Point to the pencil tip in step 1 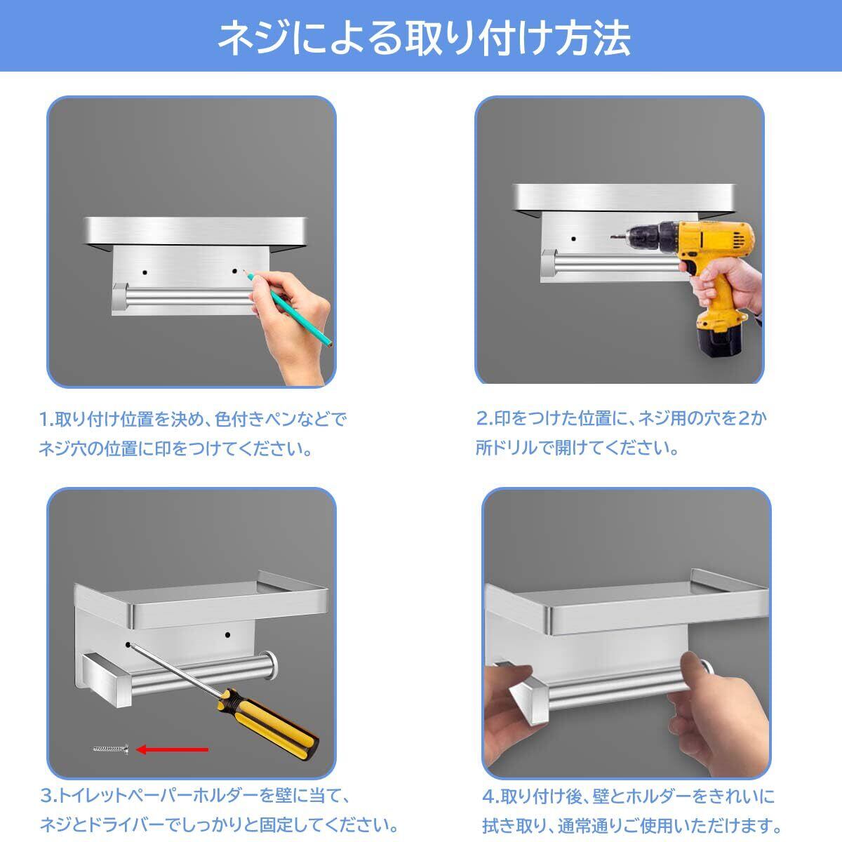coord(243,272)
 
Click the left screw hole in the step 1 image coord(145,273)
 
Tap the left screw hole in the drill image coord(573,239)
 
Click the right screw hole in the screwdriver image coord(227,634)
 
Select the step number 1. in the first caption coord(46,420)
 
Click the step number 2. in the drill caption coord(485,418)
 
